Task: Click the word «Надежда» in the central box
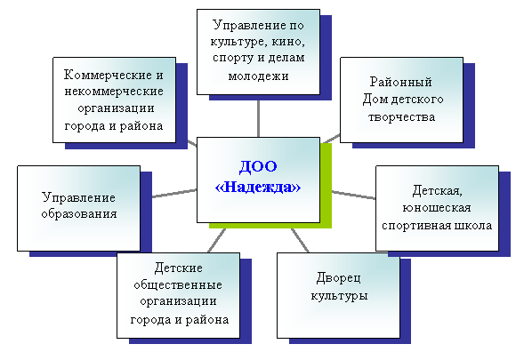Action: (x=258, y=187)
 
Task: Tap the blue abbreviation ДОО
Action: (x=258, y=166)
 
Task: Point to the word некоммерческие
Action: (x=114, y=91)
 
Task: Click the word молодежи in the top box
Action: (x=258, y=76)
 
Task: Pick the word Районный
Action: (x=401, y=82)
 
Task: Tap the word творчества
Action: (x=401, y=117)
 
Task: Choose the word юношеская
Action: (x=437, y=208)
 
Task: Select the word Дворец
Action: (x=339, y=278)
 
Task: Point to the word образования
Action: (x=79, y=213)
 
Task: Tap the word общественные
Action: (x=178, y=284)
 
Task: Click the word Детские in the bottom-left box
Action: (x=178, y=268)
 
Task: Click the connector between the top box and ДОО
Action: (x=258, y=119)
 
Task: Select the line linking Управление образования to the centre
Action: (x=174, y=194)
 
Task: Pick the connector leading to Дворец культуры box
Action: (x=300, y=240)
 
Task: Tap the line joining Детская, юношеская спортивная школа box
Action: (x=354, y=195)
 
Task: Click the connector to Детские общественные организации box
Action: (x=217, y=240)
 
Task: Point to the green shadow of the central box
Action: (x=327, y=197)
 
